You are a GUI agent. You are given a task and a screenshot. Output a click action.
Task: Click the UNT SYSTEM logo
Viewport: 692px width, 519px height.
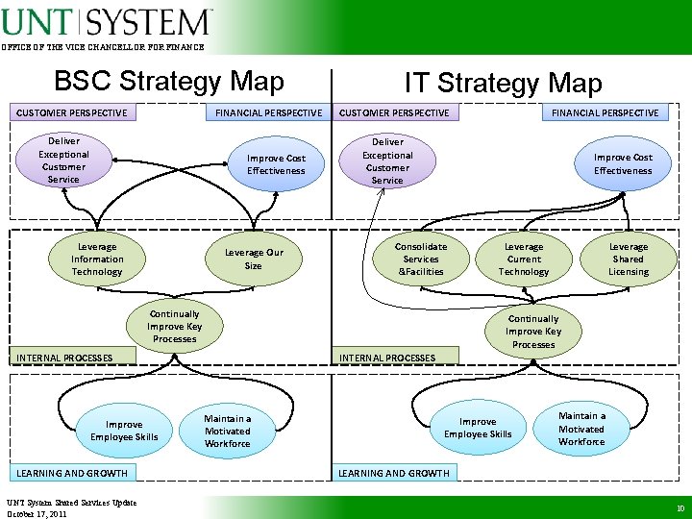pos(106,21)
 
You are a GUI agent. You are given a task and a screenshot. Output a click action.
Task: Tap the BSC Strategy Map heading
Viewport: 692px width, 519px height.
pos(169,82)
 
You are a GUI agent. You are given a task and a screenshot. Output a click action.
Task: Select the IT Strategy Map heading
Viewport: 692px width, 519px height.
pos(503,84)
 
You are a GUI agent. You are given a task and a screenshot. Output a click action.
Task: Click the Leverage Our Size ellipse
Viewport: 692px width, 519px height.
pos(253,259)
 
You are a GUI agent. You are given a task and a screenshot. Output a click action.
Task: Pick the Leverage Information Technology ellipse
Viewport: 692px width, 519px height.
pos(97,259)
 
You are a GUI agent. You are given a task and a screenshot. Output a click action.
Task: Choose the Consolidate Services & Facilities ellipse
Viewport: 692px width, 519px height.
pos(421,259)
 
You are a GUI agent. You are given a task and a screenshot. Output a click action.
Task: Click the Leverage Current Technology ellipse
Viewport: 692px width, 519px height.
pos(524,259)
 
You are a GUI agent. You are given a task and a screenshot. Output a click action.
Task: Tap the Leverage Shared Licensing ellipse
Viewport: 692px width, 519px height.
pos(629,259)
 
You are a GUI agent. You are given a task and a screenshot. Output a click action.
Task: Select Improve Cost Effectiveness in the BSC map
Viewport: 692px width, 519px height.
pos(276,164)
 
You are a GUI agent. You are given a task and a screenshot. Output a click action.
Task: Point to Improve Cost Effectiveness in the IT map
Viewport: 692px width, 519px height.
pos(622,164)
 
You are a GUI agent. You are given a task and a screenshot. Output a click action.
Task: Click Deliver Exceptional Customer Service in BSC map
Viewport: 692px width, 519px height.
pos(63,161)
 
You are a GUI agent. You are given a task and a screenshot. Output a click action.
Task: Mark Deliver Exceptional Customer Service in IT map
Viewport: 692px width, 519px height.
pos(387,161)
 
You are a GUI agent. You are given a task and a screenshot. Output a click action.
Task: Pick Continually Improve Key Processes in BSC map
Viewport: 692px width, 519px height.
pos(174,327)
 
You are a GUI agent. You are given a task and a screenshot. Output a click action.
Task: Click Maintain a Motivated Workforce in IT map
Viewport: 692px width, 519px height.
pos(581,429)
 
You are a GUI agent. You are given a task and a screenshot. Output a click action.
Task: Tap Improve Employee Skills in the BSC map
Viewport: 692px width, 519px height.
pos(124,431)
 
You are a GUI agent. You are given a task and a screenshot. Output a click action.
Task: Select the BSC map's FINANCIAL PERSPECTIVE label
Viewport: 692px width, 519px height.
pos(268,112)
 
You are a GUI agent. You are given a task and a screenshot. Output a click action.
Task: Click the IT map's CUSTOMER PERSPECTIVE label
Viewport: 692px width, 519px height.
pos(394,112)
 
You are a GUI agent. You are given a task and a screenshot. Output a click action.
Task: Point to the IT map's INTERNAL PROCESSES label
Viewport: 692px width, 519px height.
pos(387,358)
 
